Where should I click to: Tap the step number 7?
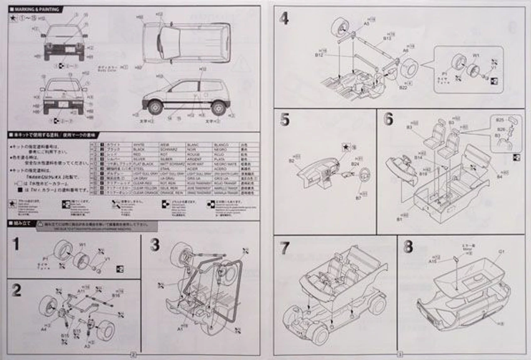284,248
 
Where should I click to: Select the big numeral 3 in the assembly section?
155,245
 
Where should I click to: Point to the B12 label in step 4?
319,54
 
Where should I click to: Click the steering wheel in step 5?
365,176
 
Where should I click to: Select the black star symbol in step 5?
345,146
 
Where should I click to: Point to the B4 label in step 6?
499,177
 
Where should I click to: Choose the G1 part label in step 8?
501,251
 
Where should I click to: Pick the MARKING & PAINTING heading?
37,9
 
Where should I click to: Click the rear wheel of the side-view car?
218,107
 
